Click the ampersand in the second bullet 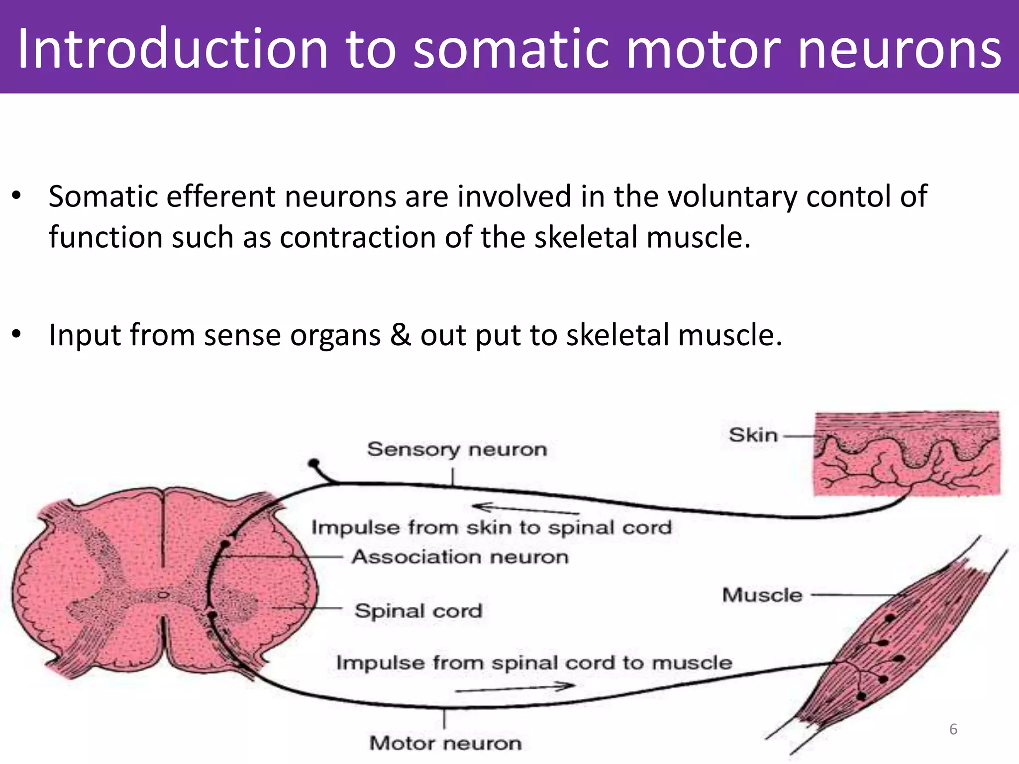400,334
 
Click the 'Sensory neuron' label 457,449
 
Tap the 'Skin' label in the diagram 753,435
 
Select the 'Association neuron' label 460,557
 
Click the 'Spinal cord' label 418,610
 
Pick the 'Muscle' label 762,595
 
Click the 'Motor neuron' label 445,743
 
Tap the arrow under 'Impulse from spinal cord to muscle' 515,688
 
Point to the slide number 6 953,729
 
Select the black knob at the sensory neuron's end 313,464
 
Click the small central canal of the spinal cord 163,595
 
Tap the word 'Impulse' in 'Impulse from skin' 355,527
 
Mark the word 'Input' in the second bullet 85,334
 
